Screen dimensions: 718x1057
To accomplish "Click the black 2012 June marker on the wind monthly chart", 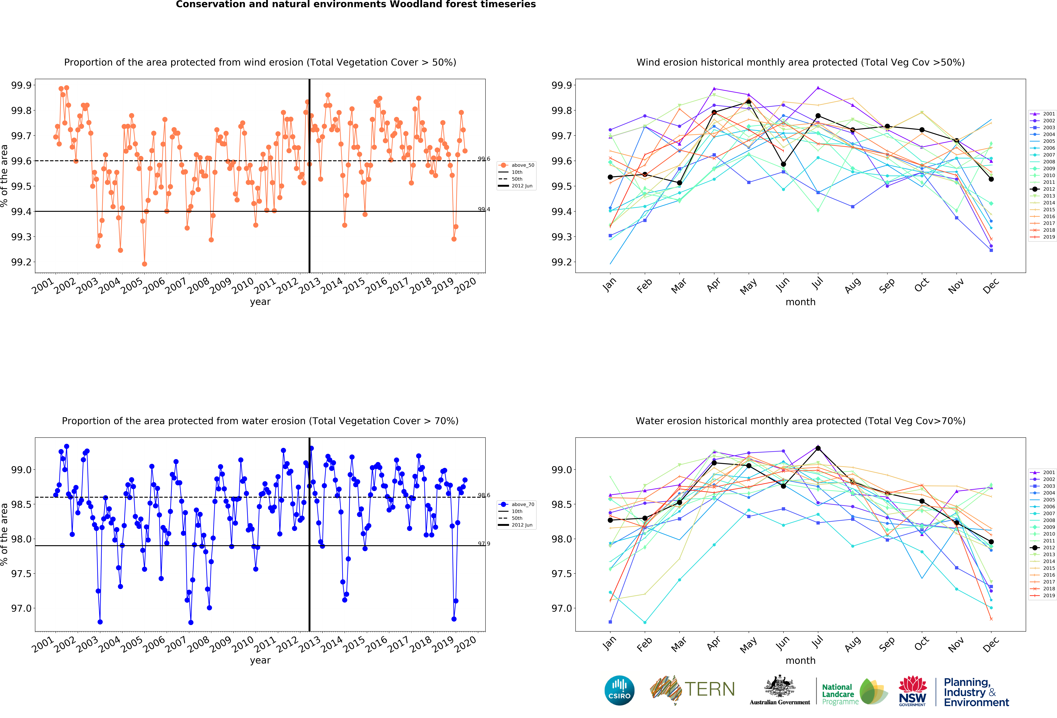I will tap(783, 164).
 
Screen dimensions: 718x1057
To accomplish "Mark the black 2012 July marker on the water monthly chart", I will tap(818, 448).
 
